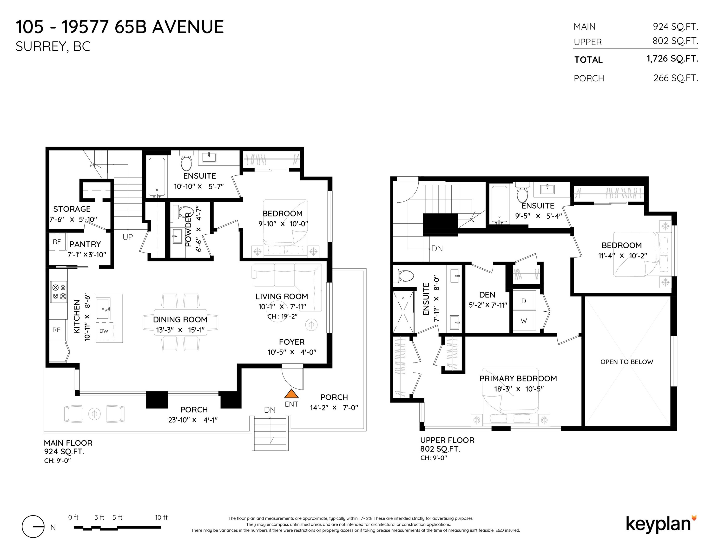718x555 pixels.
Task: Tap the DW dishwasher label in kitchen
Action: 104,331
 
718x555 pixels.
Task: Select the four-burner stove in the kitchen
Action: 59,292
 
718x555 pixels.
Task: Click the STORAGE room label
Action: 72,209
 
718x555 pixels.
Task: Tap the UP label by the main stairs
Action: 128,237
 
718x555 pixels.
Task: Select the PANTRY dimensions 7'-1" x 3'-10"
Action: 87,255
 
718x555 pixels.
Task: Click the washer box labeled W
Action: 524,321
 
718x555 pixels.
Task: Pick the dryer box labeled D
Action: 524,301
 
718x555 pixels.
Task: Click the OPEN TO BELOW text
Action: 627,362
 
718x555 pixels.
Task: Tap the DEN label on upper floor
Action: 487,295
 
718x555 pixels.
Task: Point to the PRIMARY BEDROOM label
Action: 518,379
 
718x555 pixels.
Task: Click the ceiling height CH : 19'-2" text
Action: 282,317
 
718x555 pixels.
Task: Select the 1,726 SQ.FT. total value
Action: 672,59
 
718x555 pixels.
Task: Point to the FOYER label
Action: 292,342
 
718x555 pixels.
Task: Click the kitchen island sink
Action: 103,308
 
